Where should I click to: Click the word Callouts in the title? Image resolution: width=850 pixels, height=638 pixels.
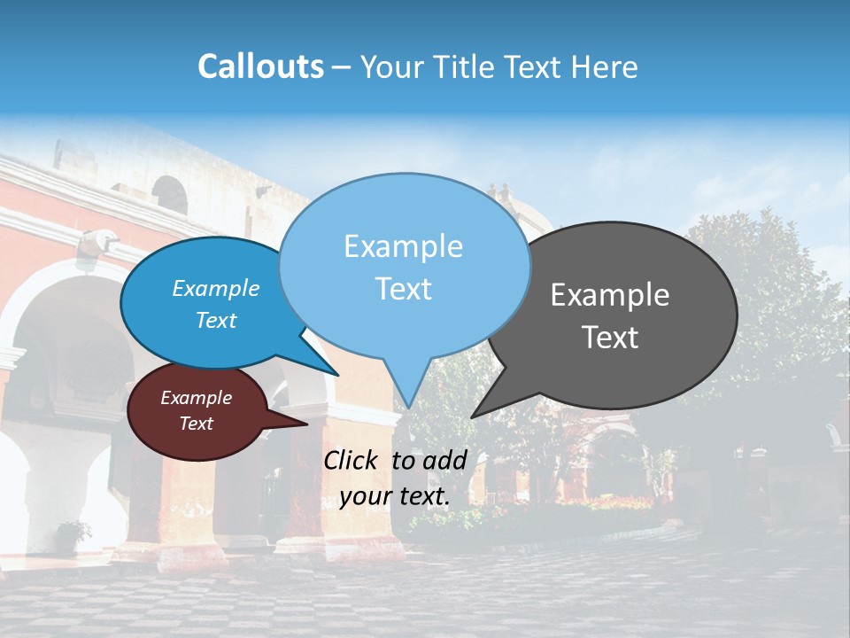(x=260, y=66)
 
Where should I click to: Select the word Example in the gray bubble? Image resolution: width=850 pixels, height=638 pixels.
(x=610, y=295)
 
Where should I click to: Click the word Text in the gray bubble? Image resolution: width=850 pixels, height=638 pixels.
(x=610, y=338)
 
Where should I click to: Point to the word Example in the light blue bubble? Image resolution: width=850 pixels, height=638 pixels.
(x=403, y=246)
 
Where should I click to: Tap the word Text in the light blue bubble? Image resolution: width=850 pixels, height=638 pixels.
(x=403, y=289)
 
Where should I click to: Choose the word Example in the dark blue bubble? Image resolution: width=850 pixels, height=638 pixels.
(x=216, y=289)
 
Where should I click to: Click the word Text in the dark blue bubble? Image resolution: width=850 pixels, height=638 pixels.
(x=216, y=321)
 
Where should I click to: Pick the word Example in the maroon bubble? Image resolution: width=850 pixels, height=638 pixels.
(x=196, y=398)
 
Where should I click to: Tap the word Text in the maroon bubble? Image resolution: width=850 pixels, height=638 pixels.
(x=196, y=424)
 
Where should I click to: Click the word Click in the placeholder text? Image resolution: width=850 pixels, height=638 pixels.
(x=352, y=460)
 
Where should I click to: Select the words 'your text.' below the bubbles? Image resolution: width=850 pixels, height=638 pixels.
(x=395, y=497)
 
